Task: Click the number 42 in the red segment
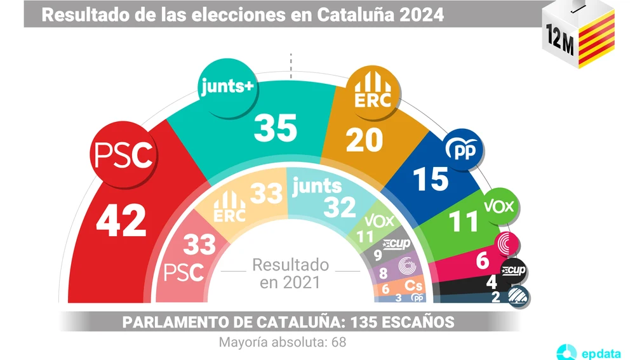[122, 220]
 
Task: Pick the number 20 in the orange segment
[364, 139]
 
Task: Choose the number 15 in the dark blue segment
[431, 179]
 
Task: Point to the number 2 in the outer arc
[495, 295]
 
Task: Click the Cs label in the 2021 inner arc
[414, 287]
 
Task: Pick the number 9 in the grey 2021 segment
[378, 256]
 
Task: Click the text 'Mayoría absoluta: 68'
[282, 342]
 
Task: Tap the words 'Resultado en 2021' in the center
[290, 273]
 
